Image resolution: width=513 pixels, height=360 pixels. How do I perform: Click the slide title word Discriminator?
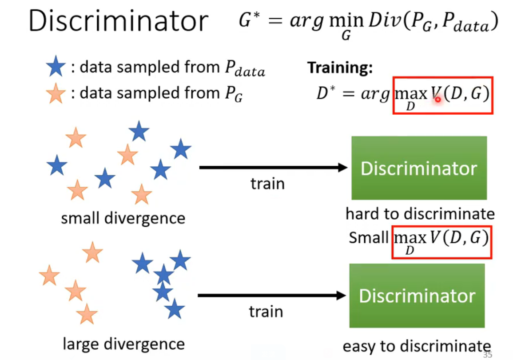(x=119, y=21)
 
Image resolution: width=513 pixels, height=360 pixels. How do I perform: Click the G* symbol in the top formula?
(x=248, y=20)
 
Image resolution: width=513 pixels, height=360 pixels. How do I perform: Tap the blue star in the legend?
(x=56, y=68)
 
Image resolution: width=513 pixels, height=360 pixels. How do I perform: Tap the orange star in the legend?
(x=56, y=95)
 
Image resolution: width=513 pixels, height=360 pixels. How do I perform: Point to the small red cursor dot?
(x=437, y=100)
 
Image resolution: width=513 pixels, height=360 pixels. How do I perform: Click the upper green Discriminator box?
(x=419, y=168)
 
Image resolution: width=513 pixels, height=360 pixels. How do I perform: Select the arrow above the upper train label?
(x=273, y=168)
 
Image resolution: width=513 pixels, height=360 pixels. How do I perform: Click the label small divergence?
(x=123, y=218)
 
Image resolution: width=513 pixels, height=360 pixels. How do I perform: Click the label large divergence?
(x=123, y=344)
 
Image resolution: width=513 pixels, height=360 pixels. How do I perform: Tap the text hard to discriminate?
(x=420, y=214)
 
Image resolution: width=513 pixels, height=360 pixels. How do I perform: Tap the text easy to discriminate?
(x=416, y=346)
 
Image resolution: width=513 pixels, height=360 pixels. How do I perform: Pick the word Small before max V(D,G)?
(x=369, y=238)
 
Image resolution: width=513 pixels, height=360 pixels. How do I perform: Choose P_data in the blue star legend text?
(x=243, y=68)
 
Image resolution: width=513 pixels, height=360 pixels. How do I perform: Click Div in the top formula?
(x=379, y=21)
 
